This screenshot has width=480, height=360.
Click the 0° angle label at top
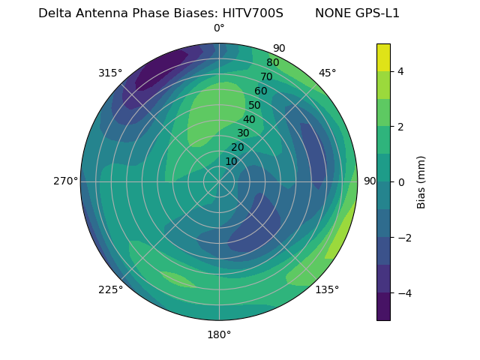pos(219,28)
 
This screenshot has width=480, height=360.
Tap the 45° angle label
pos(327,73)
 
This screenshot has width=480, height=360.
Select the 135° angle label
pos(327,290)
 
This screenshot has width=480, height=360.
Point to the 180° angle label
pos(219,334)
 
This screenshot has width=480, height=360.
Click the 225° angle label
pos(110,290)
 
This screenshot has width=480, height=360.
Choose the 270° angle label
pos(65,181)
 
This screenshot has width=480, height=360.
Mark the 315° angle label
pos(110,73)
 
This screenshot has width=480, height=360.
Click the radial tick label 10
pos(231,162)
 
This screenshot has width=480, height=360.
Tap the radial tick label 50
pos(254,106)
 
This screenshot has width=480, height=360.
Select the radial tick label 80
pos(272,63)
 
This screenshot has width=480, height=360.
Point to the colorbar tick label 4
pos(401,71)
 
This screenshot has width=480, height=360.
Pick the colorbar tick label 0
pos(401,182)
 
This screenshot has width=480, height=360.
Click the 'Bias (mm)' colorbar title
pos(421,182)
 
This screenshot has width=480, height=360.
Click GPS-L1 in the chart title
pos(378,13)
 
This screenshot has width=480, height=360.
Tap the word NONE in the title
pos(332,13)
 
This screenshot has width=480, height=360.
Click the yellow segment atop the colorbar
pos(383,57)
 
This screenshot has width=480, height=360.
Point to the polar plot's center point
pos(219,181)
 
